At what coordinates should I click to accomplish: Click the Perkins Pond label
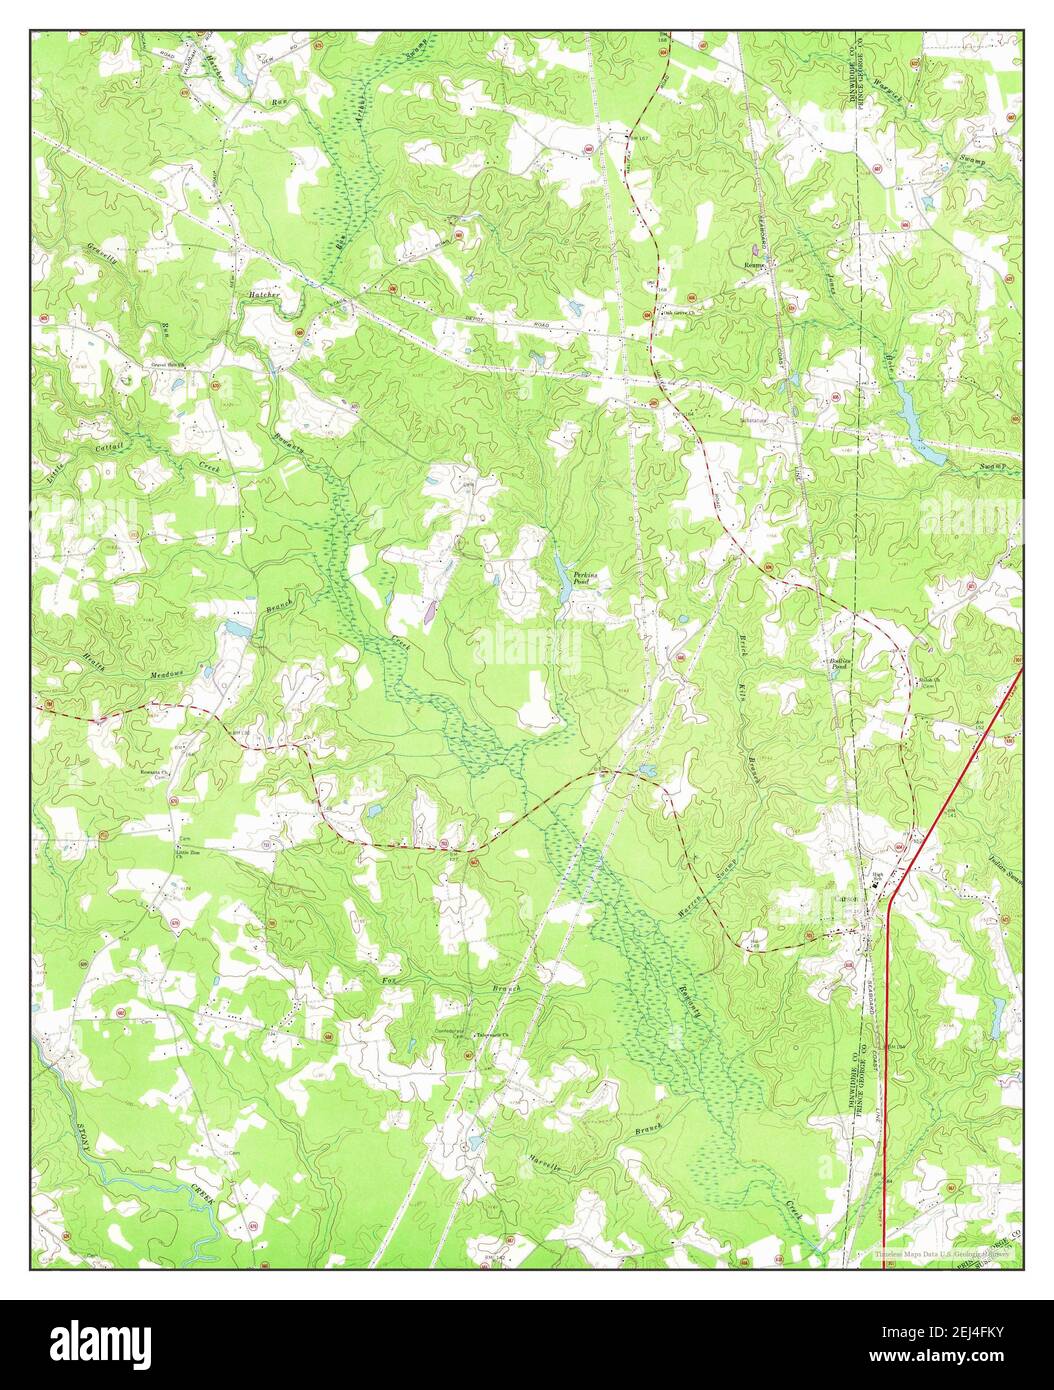pyautogui.click(x=586, y=577)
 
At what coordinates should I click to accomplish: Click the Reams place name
pyautogui.click(x=753, y=265)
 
